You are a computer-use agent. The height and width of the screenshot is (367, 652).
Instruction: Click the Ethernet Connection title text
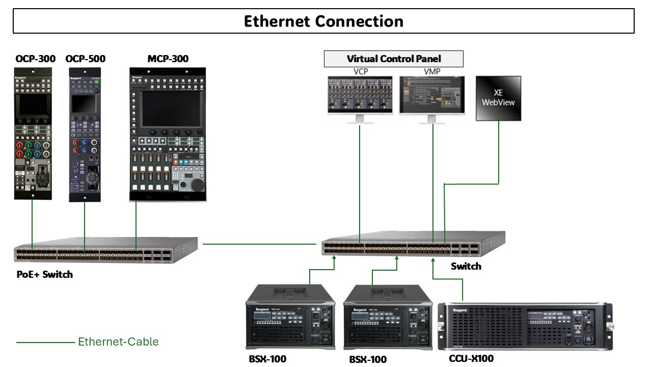323,21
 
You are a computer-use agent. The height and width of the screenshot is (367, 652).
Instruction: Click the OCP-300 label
35,59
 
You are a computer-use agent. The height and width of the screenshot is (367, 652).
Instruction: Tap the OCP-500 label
86,59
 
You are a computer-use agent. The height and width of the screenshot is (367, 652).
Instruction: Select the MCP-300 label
168,59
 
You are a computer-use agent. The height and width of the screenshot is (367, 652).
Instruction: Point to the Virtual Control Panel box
394,59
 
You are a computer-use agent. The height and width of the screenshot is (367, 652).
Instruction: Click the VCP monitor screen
360,95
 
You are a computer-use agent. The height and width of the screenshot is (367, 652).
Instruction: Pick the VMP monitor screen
432,95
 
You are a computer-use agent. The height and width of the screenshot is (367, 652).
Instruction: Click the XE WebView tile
498,98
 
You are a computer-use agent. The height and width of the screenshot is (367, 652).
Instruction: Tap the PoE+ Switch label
45,275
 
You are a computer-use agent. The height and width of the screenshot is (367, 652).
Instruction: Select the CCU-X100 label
471,359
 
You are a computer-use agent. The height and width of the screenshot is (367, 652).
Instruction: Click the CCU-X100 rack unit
525,326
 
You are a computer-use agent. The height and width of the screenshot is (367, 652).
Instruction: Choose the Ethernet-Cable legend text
118,342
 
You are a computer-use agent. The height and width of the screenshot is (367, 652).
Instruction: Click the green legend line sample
45,343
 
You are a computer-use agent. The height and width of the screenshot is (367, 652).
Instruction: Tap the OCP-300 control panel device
33,133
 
